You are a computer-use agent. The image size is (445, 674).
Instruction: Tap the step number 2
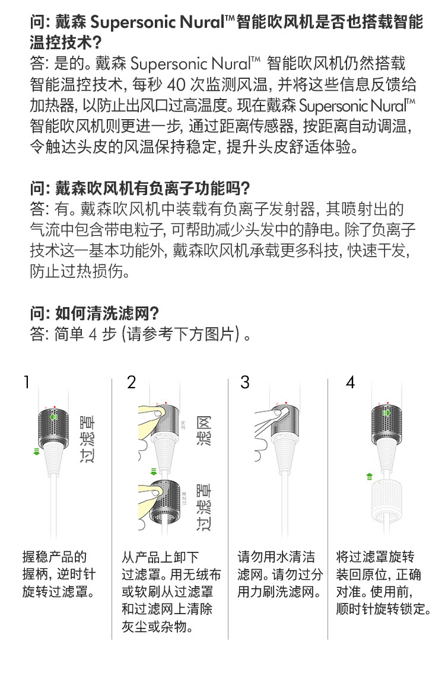[x=131, y=382]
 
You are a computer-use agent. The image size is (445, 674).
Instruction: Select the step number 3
[x=245, y=382]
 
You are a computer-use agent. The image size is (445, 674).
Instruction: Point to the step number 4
[x=350, y=382]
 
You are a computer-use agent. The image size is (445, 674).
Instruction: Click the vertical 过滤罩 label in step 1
[x=87, y=439]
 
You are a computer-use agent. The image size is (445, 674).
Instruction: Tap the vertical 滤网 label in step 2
[x=204, y=430]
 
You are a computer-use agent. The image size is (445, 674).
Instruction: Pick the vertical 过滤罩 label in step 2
[x=204, y=507]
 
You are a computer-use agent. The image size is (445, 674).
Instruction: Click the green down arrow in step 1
[x=37, y=451]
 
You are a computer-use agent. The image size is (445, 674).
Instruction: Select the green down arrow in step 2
[x=154, y=472]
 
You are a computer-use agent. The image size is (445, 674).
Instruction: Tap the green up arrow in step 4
[x=369, y=476]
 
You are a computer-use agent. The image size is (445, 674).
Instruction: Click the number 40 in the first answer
[x=176, y=84]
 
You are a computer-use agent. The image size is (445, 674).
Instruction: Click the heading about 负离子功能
[x=140, y=189]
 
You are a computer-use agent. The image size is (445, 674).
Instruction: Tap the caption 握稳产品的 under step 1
[x=55, y=557]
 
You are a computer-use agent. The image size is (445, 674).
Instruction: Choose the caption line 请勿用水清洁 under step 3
[x=276, y=557]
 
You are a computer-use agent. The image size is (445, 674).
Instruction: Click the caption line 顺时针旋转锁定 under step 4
[x=383, y=609]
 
